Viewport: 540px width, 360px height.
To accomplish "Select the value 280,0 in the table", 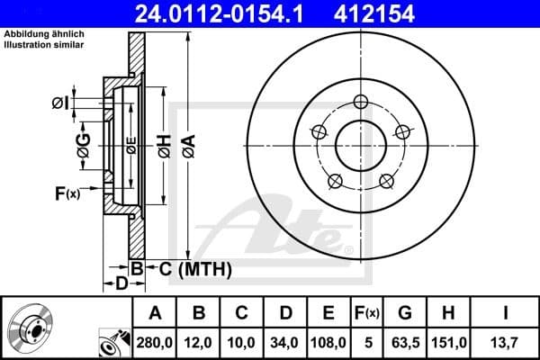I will pos(155,342).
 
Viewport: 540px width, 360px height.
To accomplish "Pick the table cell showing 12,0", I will pos(199,342).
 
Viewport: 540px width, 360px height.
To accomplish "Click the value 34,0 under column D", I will pos(286,342).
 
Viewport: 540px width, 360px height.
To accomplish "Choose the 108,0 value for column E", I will pos(328,342).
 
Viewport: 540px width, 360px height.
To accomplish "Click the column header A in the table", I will pos(155,312).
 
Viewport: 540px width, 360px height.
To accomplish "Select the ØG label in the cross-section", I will pos(83,149).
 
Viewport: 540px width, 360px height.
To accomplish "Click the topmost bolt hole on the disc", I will pos(361,101).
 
